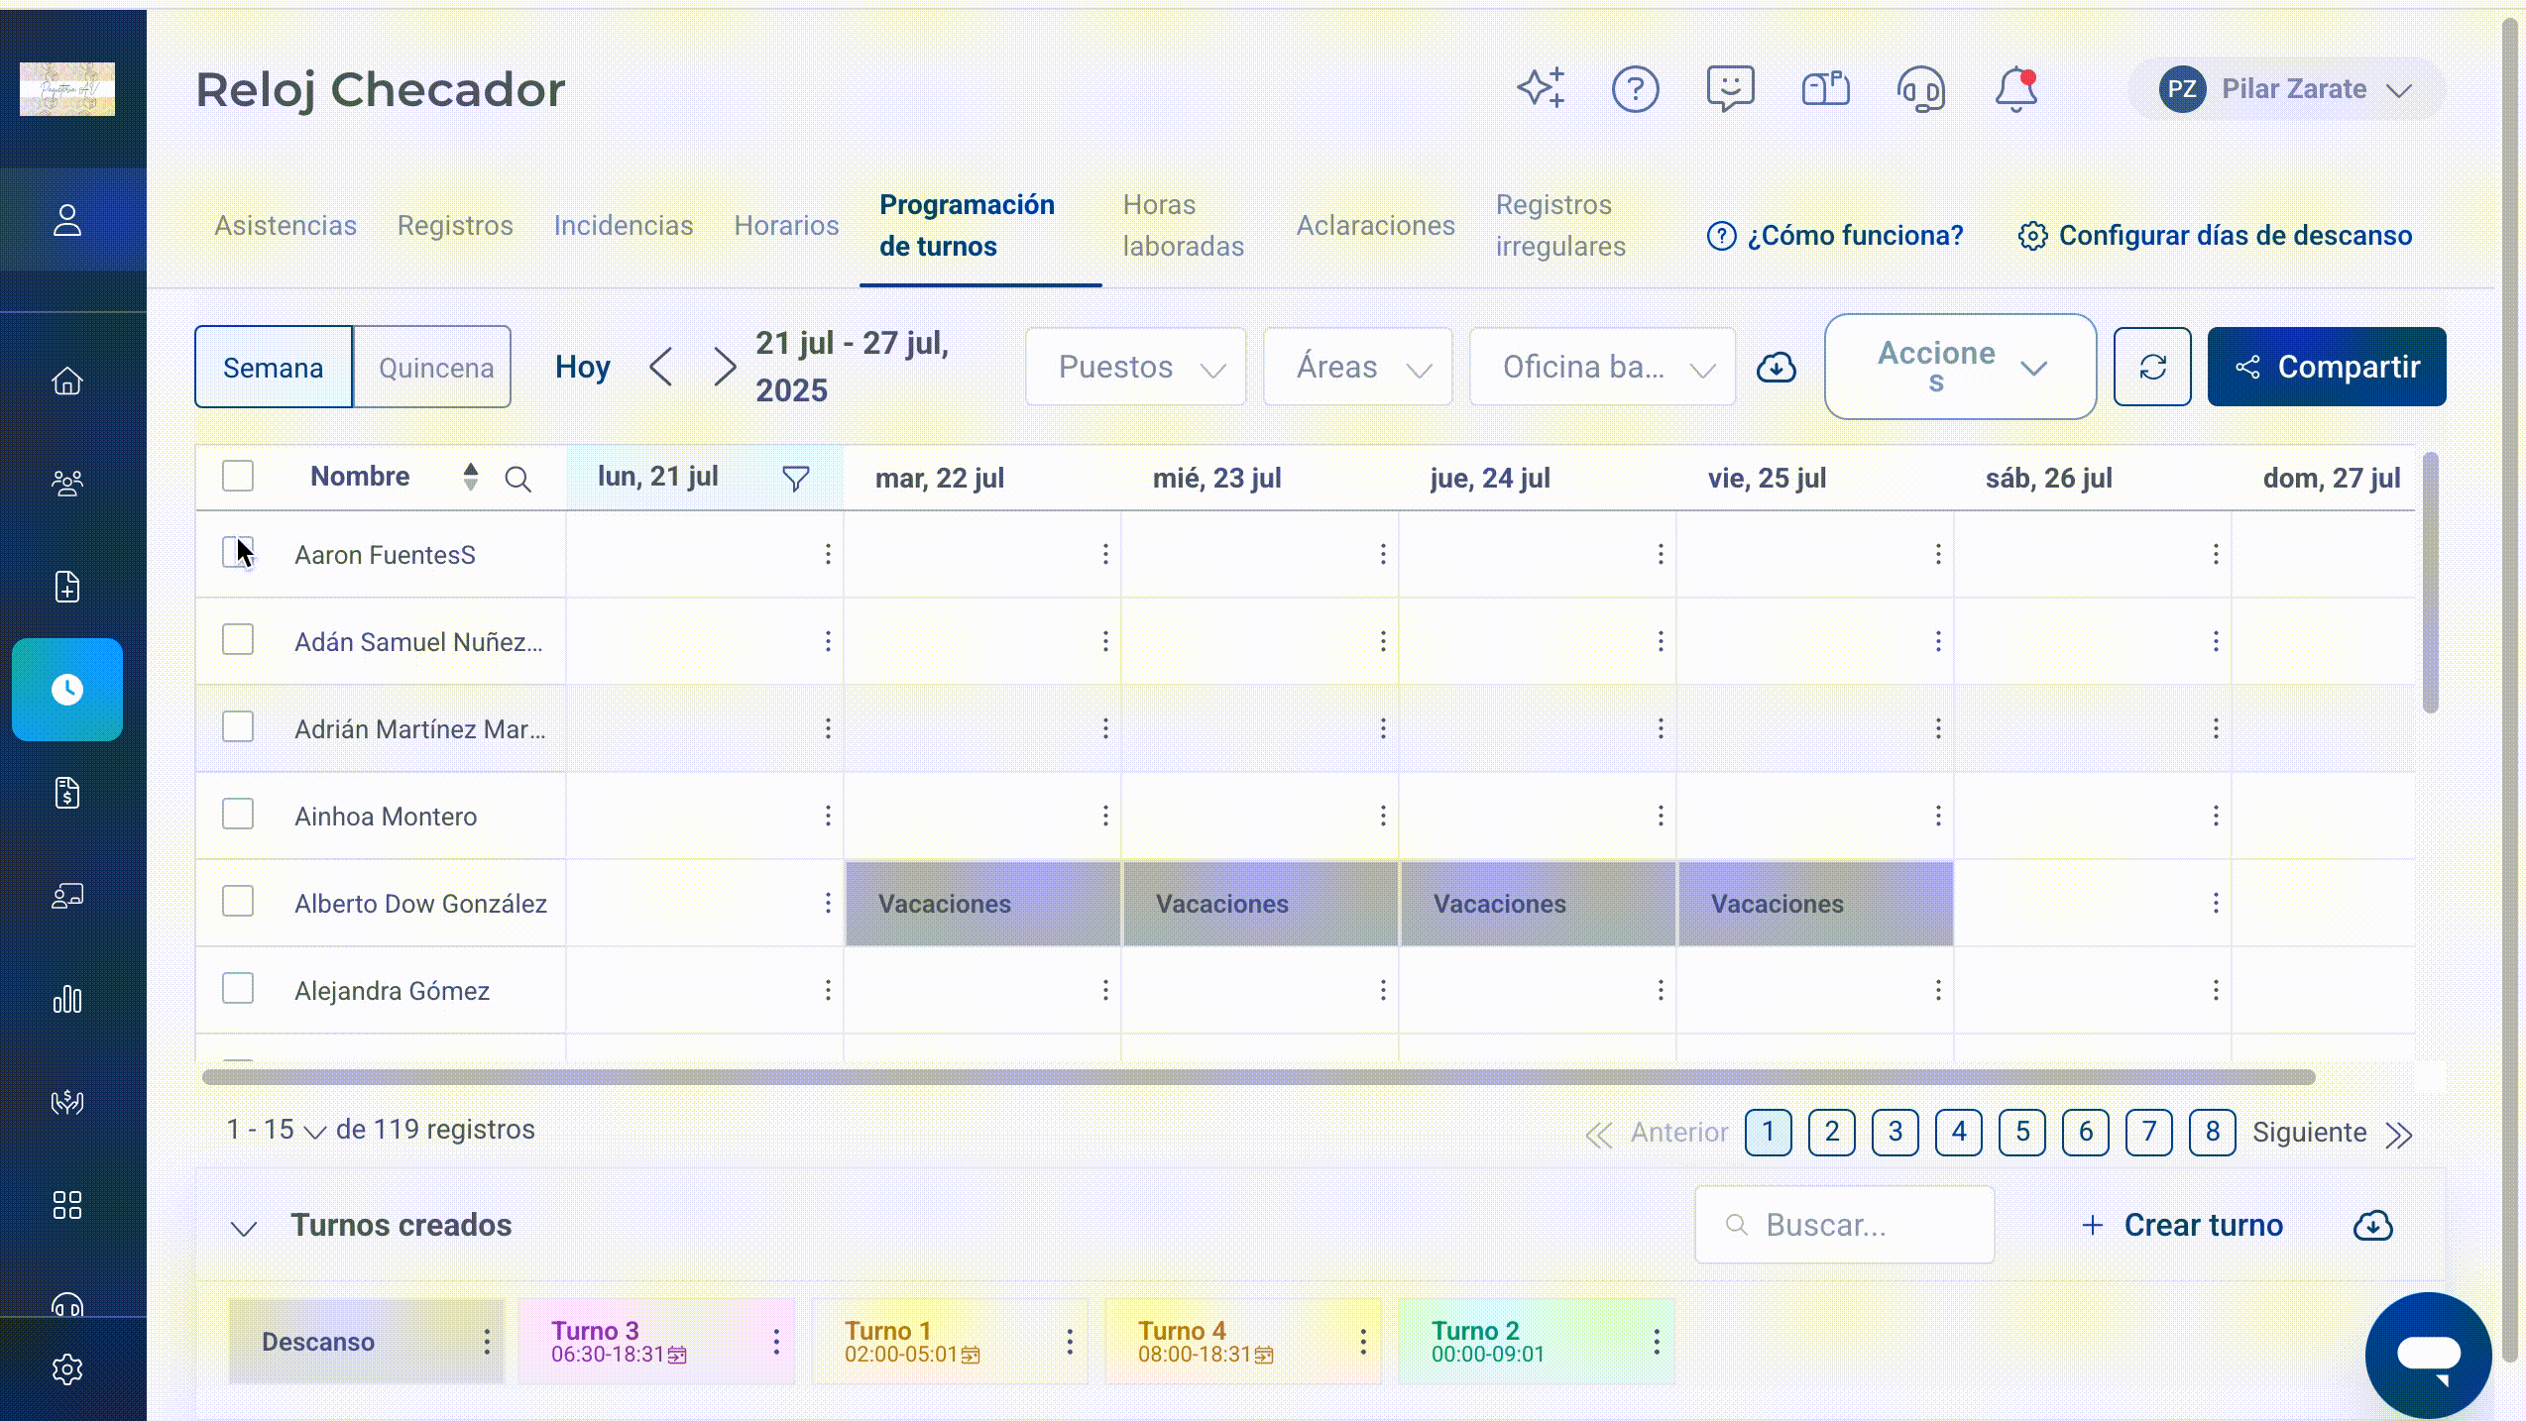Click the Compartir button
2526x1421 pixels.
2326,367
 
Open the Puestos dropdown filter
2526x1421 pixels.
1136,367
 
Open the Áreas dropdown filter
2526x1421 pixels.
1358,367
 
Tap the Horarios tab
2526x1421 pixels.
786,225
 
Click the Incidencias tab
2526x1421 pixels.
624,225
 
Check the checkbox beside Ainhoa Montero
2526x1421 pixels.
238,815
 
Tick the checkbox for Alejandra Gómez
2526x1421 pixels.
238,989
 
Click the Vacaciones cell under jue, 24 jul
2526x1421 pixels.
1538,903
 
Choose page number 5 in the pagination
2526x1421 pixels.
2022,1132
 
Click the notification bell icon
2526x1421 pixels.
2016,89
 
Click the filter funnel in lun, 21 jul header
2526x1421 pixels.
796,479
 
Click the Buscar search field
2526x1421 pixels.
1845,1225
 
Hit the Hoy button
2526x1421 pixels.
583,367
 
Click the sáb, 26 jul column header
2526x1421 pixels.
2048,478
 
